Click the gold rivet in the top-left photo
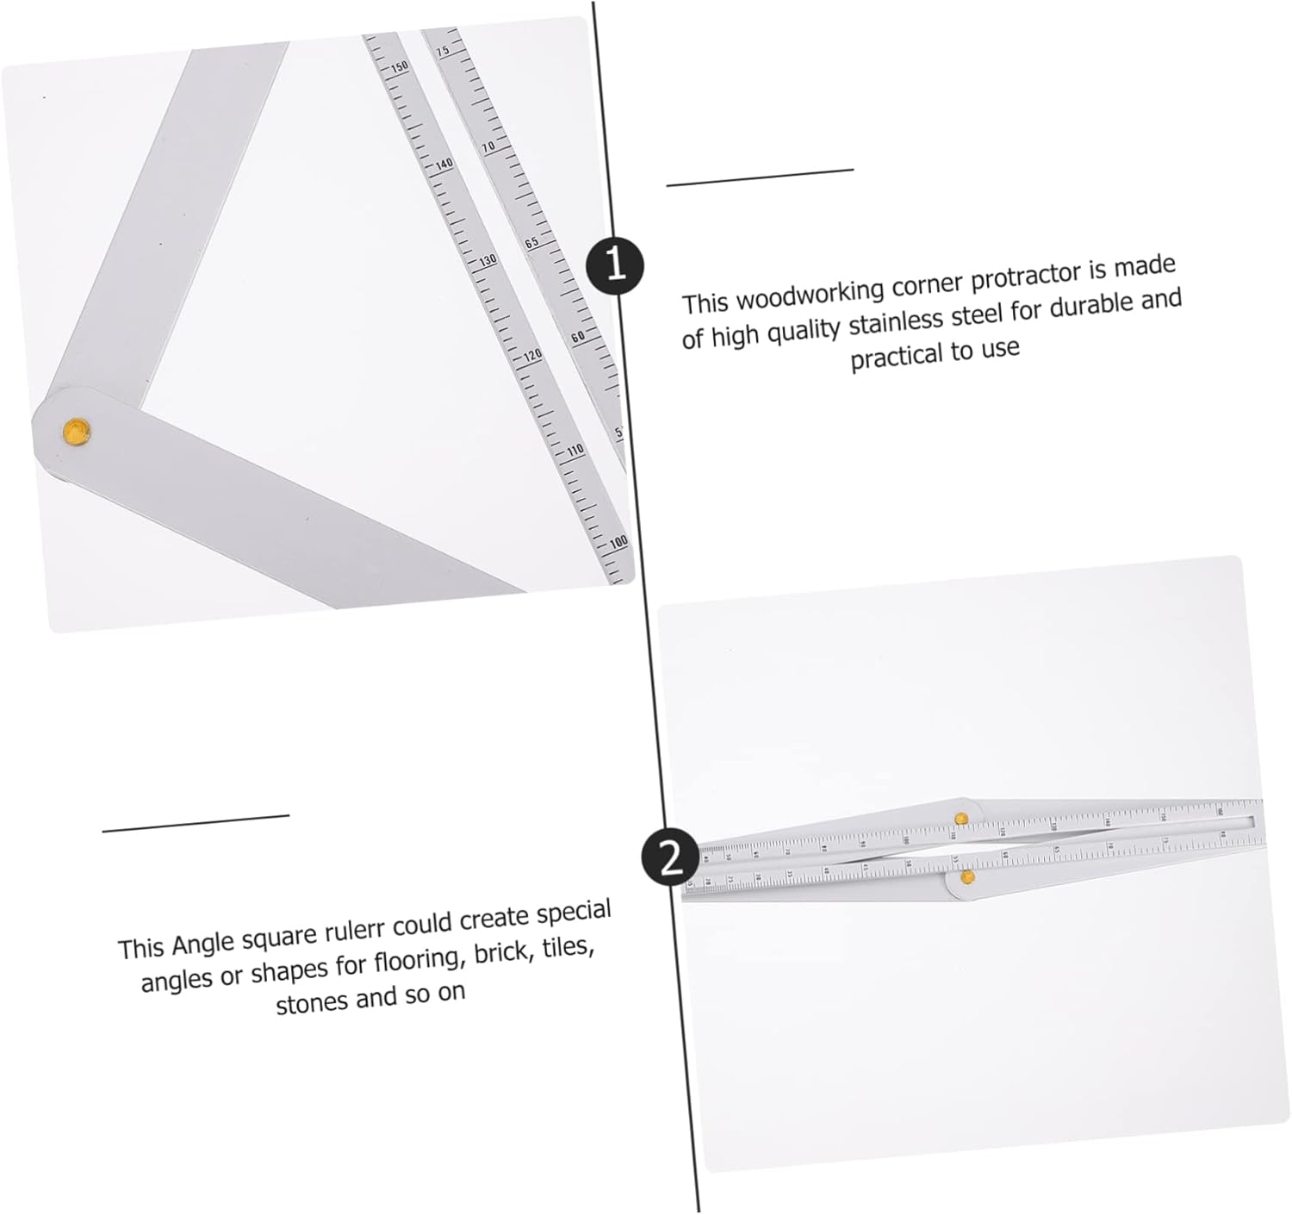click(77, 430)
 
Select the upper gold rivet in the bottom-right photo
click(961, 818)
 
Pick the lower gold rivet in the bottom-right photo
click(967, 877)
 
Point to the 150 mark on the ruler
click(400, 66)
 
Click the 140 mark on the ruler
click(444, 164)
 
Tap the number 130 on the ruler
click(488, 259)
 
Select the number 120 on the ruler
click(532, 355)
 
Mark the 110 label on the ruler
click(575, 450)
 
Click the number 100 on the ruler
click(618, 543)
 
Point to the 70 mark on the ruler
click(488, 147)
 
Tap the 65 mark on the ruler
click(532, 242)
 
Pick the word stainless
click(895, 321)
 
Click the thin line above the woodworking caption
click(759, 177)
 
